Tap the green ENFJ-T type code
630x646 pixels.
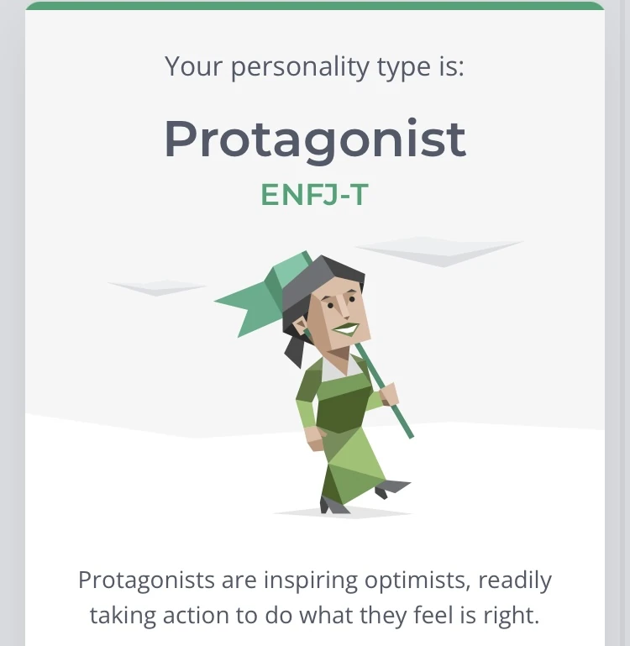pos(314,194)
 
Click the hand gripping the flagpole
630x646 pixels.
pos(388,394)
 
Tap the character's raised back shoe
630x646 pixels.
pos(393,487)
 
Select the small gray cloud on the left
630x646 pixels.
pos(157,287)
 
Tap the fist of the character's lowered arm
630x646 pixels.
pos(315,436)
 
